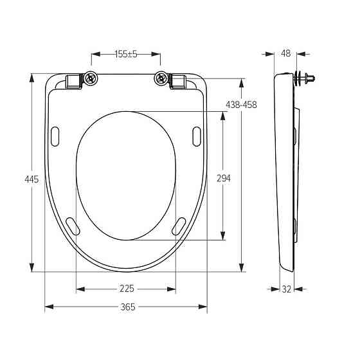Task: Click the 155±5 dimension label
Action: (x=126, y=54)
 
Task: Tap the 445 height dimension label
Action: (x=32, y=179)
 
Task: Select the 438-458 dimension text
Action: (x=241, y=105)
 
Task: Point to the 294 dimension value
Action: (x=224, y=178)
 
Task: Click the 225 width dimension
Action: (x=127, y=289)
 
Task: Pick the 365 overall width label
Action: (x=128, y=307)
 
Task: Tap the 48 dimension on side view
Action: (x=286, y=53)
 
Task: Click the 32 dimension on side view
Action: (x=286, y=289)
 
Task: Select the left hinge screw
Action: (x=91, y=78)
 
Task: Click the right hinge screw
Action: (x=161, y=78)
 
